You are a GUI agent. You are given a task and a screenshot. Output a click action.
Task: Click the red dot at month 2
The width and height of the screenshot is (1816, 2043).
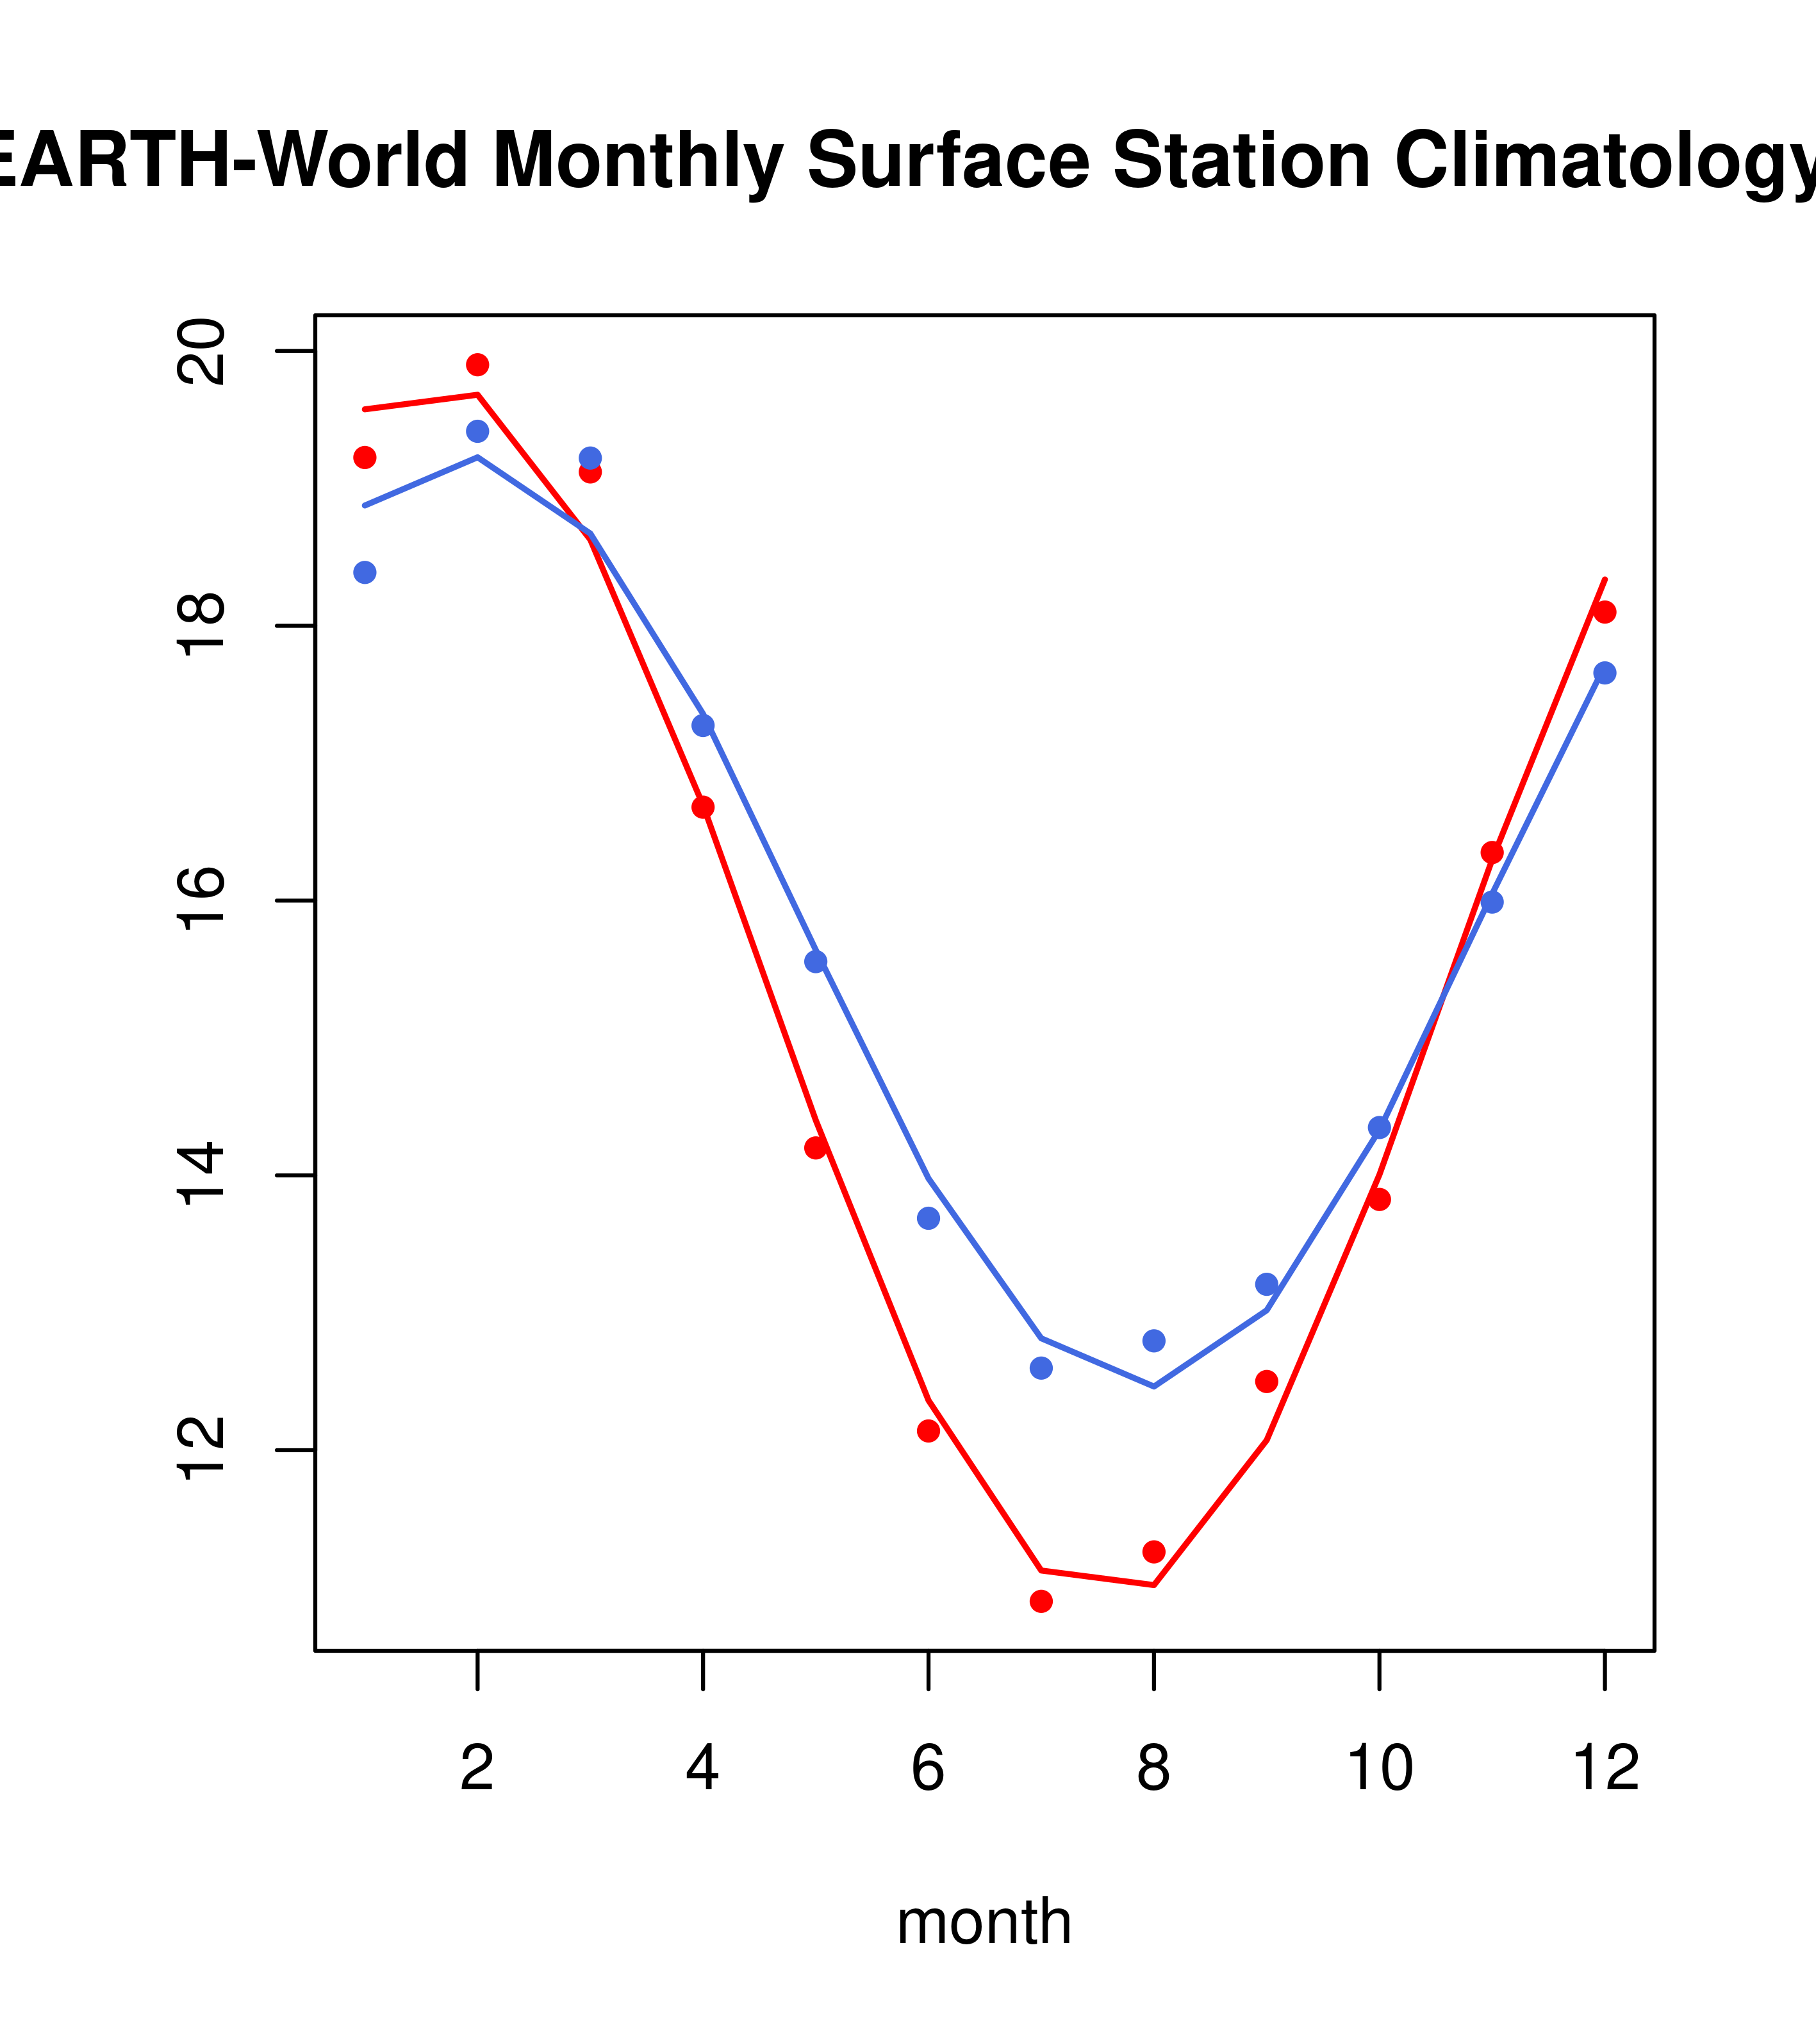click(478, 365)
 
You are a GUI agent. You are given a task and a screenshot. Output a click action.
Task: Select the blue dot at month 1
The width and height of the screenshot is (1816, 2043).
click(365, 573)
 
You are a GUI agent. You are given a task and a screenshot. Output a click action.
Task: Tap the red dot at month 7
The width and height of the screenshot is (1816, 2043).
click(1041, 1601)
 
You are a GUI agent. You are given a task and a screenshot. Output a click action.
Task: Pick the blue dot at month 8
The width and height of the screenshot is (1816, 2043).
click(1154, 1341)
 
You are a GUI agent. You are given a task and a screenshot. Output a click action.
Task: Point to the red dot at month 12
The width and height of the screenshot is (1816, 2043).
click(1605, 612)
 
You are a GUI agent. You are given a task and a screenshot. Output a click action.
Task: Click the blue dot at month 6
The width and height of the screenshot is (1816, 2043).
click(929, 1218)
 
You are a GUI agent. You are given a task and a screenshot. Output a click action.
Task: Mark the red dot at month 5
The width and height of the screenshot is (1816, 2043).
click(816, 1148)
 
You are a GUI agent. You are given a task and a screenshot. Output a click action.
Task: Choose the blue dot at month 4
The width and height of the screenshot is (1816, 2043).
click(704, 725)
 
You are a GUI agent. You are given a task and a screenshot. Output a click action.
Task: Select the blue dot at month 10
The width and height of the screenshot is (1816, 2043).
click(1380, 1127)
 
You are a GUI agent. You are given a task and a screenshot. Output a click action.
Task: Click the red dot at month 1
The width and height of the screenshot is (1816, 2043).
click(365, 458)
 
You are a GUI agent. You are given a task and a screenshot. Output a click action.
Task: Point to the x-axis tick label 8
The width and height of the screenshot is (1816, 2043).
click(1154, 1769)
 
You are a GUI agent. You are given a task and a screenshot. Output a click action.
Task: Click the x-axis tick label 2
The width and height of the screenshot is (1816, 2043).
click(478, 1769)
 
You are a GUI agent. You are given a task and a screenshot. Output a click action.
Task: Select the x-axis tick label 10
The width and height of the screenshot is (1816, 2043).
click(1380, 1769)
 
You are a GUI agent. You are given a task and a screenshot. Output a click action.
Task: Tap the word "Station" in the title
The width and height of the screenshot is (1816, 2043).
click(1241, 160)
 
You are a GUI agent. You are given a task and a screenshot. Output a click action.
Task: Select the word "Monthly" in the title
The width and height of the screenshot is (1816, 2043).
click(638, 160)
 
